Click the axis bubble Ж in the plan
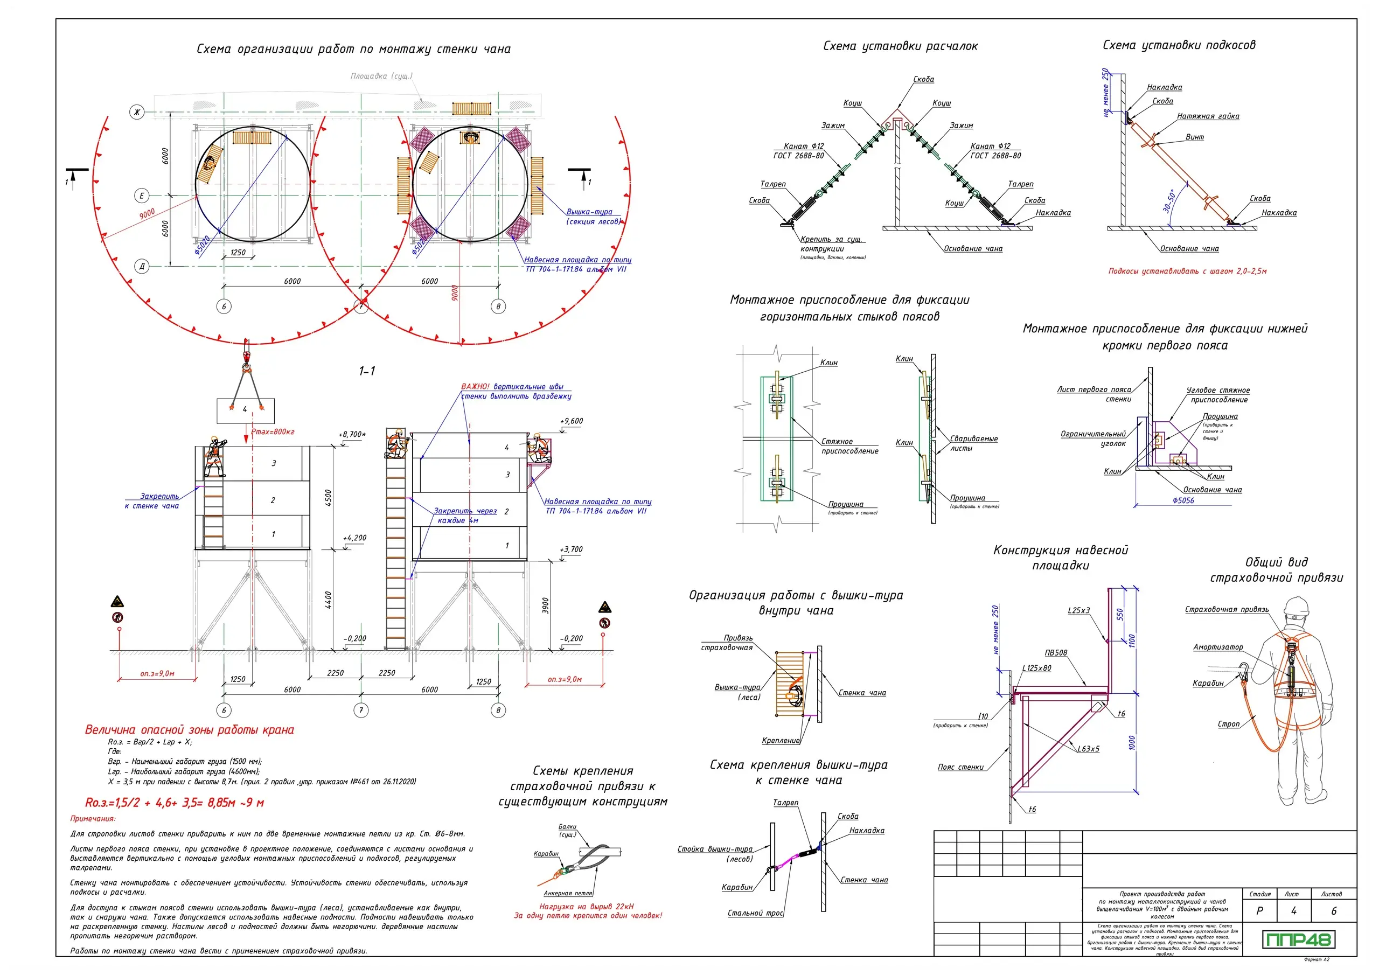point(137,112)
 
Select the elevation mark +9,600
point(571,421)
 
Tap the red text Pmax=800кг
point(273,432)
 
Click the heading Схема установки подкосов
point(1179,45)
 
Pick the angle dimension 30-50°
point(1169,201)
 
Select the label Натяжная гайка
point(1208,116)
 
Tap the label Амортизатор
point(1217,647)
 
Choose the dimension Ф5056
point(1183,500)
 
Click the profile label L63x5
point(1088,749)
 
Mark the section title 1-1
point(367,371)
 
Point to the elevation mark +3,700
point(571,549)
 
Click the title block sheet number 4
point(1293,911)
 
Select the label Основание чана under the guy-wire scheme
point(972,249)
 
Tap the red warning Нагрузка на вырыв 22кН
point(586,907)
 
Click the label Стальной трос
point(755,913)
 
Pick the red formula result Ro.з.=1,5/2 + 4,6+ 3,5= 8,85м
point(174,803)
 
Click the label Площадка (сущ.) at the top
point(381,76)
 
